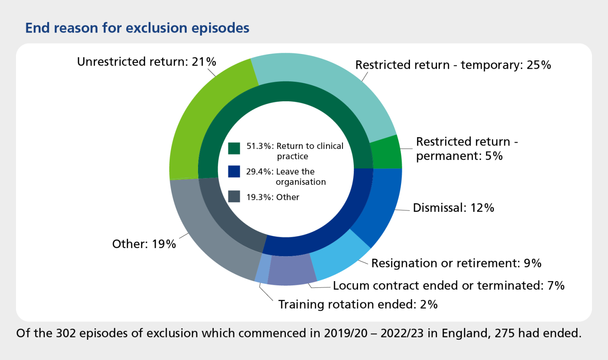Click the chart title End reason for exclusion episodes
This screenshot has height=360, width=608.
pyautogui.click(x=137, y=28)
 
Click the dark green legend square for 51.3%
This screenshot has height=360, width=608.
pyautogui.click(x=234, y=148)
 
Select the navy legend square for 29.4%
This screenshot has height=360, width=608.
pyautogui.click(x=234, y=171)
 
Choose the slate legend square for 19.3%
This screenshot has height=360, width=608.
pyautogui.click(x=234, y=197)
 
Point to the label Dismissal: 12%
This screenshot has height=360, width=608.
pyautogui.click(x=453, y=208)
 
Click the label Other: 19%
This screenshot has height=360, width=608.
pyautogui.click(x=144, y=244)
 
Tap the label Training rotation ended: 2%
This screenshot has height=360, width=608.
pyautogui.click(x=358, y=304)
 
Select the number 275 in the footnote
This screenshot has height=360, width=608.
pyautogui.click(x=505, y=333)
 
